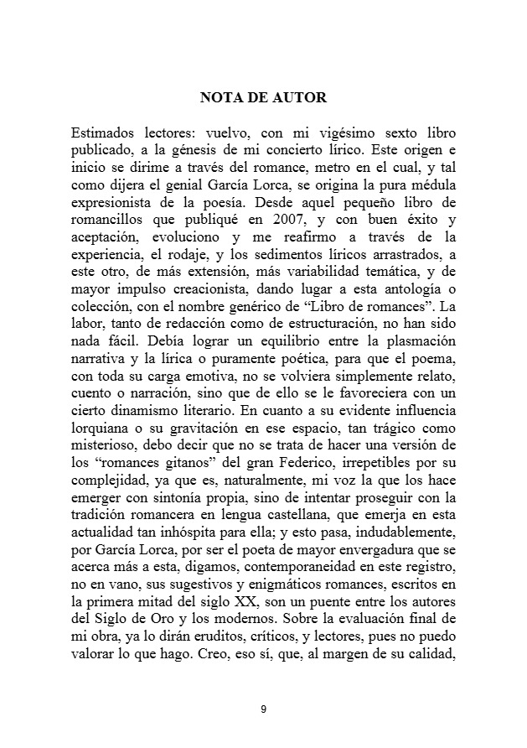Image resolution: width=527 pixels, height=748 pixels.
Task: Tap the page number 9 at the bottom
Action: [x=263, y=709]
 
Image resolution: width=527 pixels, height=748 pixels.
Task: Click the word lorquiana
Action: [x=101, y=432]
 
